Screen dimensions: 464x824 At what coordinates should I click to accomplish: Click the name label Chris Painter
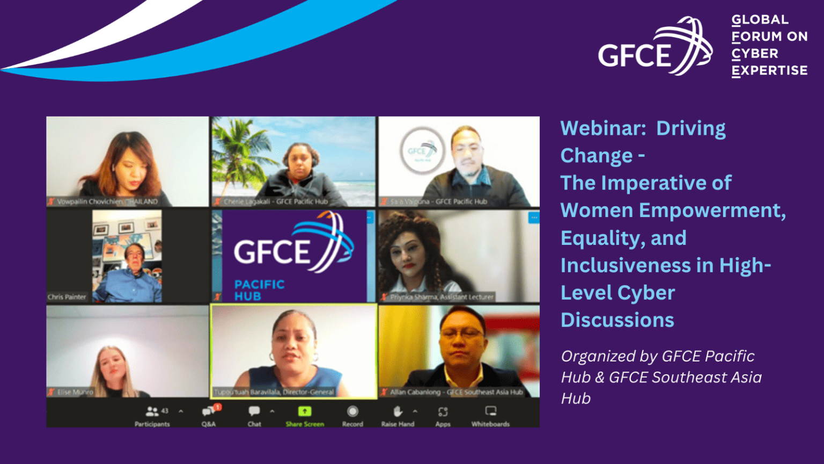click(67, 297)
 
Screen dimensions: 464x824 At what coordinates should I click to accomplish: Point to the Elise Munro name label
click(75, 392)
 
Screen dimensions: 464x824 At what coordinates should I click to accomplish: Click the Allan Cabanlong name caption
click(456, 392)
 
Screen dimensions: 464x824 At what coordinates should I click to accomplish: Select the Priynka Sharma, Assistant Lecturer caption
click(442, 297)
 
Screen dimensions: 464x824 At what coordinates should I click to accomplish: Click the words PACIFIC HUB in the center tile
click(259, 290)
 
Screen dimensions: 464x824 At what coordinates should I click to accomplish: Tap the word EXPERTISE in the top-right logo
click(769, 71)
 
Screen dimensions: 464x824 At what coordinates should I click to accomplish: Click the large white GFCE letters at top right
click(635, 55)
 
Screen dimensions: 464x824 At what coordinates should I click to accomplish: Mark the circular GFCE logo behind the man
click(422, 150)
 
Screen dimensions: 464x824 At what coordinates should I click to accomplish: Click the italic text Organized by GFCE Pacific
click(658, 356)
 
